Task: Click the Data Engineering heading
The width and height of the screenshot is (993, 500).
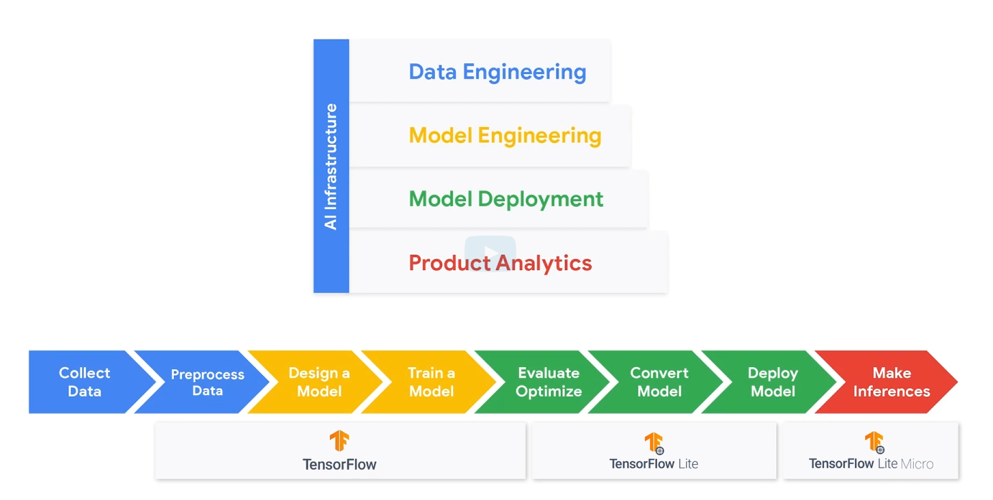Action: (x=497, y=72)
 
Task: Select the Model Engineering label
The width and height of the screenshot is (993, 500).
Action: (x=505, y=136)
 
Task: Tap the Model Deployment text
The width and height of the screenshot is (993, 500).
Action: (x=506, y=199)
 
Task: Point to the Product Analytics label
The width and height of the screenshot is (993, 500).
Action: (x=500, y=263)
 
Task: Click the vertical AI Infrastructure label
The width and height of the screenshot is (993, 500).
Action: (x=331, y=167)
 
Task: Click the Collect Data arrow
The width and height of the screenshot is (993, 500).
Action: (x=85, y=382)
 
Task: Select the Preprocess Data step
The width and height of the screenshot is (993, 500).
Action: (x=207, y=382)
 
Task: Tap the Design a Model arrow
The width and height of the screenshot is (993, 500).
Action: (x=319, y=382)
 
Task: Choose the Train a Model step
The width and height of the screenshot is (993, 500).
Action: (x=431, y=382)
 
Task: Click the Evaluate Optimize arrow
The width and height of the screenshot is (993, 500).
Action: (x=549, y=382)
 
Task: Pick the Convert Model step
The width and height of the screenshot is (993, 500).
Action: (x=659, y=382)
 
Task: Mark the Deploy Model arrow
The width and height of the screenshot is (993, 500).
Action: (x=773, y=382)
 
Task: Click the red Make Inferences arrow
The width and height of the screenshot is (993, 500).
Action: (x=892, y=382)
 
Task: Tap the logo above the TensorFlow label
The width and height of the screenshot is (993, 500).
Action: (x=339, y=440)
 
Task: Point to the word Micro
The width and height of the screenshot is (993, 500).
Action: (x=917, y=464)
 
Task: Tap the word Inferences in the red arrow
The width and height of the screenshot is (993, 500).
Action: (x=892, y=392)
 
